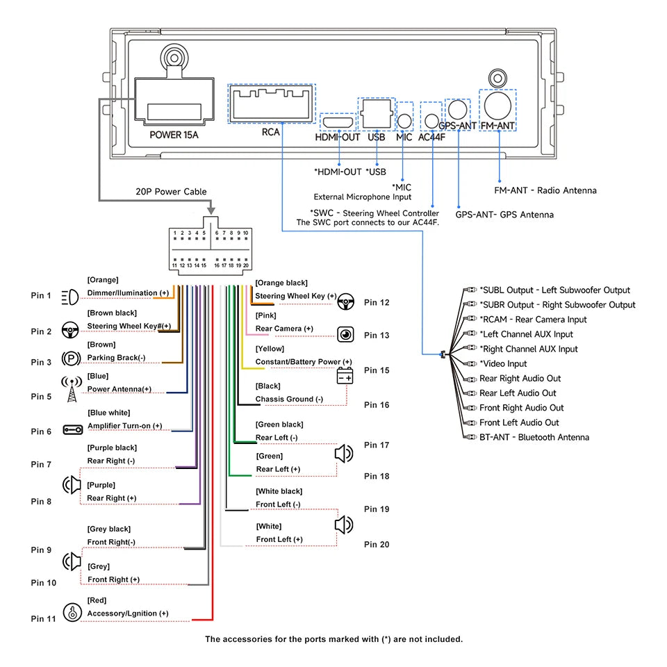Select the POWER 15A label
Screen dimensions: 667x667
[174, 134]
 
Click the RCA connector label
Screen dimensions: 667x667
[270, 132]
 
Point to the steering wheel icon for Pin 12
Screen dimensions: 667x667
[346, 302]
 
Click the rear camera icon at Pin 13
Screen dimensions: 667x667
[346, 335]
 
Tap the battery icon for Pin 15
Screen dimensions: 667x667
[345, 376]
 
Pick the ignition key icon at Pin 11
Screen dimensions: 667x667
[72, 612]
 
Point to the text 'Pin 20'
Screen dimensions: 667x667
[377, 545]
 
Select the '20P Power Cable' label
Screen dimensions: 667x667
[171, 192]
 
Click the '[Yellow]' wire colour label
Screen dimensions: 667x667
[270, 349]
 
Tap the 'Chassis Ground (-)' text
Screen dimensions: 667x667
[289, 400]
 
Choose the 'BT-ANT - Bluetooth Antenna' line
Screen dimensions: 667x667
[534, 437]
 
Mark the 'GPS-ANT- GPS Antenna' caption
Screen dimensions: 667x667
[504, 215]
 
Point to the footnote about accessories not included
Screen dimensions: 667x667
[333, 639]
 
